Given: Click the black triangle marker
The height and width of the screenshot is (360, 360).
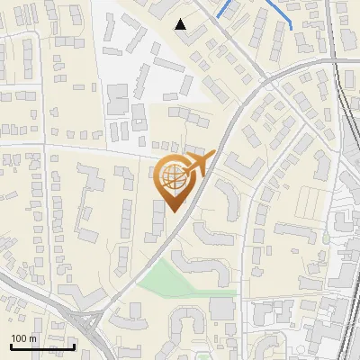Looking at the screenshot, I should pos(181,24).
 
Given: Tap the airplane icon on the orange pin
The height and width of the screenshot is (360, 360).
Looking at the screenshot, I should pos(199,164).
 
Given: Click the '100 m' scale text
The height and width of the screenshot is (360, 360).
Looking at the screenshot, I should pos(24,338).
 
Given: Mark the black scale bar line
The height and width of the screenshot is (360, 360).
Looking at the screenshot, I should pos(42,346).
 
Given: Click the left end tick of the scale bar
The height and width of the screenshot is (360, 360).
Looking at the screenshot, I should pos(11,345).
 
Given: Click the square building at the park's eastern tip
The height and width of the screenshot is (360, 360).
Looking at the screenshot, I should pos(221,308).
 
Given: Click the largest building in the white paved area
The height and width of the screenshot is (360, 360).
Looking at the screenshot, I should pos(118,98).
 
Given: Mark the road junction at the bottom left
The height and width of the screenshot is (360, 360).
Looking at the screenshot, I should pos(90,319).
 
